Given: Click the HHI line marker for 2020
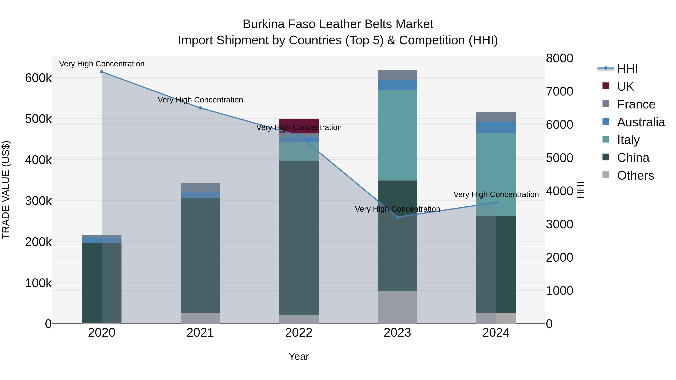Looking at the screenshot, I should (102, 72).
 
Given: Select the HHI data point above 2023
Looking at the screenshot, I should (397, 217).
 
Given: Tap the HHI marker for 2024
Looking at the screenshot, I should (496, 202).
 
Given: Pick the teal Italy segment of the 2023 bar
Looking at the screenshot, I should (397, 135).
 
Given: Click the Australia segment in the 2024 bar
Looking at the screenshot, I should (496, 127).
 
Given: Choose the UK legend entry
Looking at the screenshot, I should (625, 87).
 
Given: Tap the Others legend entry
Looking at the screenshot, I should (635, 175).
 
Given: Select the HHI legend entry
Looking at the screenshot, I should (627, 69).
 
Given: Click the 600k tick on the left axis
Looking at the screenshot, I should (38, 78).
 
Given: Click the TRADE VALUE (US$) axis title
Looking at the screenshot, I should (6, 190).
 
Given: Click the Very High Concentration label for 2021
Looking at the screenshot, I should (200, 100).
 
